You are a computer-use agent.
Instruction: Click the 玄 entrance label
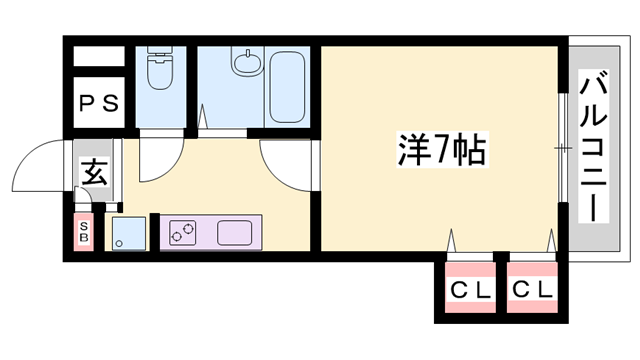93,174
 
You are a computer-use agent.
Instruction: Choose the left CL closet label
469,291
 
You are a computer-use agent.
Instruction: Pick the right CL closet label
531,291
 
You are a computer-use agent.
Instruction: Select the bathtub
288,84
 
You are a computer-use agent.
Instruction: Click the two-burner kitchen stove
182,234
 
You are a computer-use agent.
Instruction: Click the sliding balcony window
563,150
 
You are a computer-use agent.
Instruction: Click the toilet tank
160,52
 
